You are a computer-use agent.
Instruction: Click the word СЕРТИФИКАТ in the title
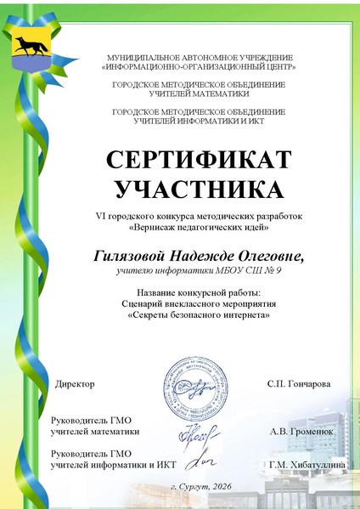point(199,160)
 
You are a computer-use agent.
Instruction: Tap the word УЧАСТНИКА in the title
point(199,187)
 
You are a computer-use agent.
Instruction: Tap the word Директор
point(75,384)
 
